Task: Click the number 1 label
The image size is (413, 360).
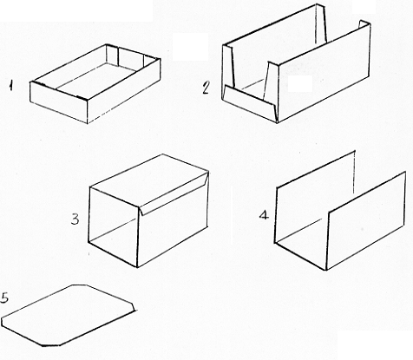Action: click(10, 86)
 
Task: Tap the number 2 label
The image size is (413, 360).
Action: click(206, 87)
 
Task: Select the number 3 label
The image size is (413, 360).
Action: click(75, 219)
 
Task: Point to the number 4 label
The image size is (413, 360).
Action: click(264, 215)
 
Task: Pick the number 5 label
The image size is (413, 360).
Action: click(5, 298)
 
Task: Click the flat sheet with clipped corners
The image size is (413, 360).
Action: click(69, 315)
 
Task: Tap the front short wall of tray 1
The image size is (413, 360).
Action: click(59, 102)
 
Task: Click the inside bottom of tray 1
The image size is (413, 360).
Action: click(97, 78)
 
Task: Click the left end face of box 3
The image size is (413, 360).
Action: click(113, 226)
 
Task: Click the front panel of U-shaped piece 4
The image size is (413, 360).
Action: click(366, 221)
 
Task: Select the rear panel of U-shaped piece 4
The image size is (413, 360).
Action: click(315, 197)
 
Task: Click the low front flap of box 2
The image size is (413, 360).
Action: click(249, 103)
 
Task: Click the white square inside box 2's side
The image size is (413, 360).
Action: click(300, 84)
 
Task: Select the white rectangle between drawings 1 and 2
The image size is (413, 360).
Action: click(190, 47)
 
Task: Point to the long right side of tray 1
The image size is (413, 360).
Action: click(124, 91)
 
